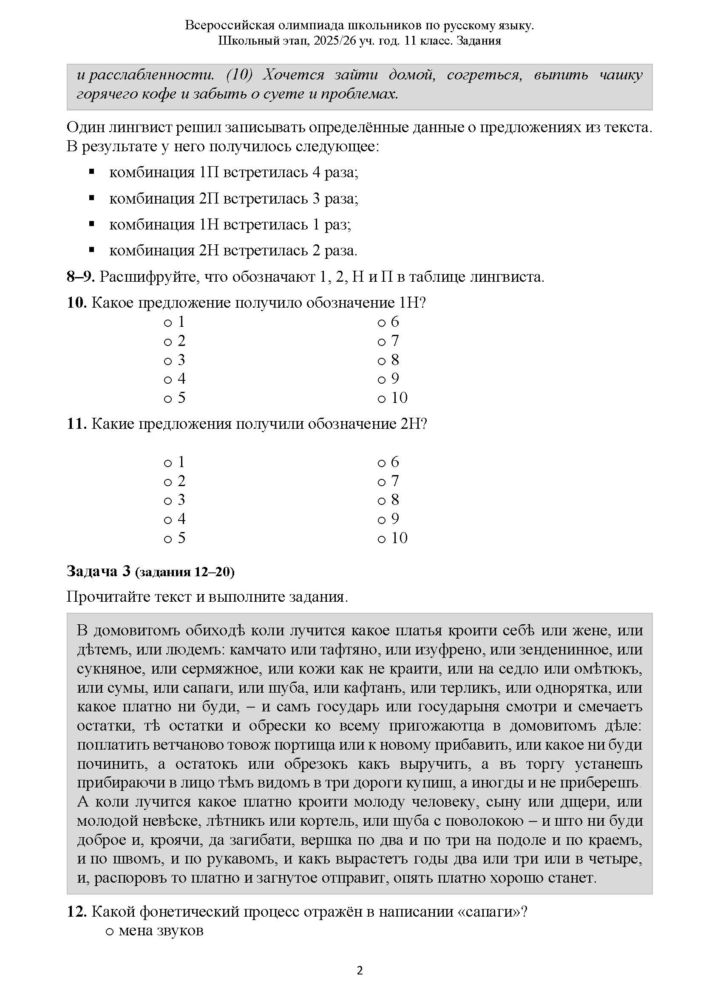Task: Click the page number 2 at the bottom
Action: coord(360,971)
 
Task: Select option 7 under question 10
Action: coord(382,342)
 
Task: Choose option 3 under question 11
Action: coord(168,501)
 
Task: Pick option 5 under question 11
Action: coord(168,539)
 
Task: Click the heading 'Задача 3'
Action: coord(98,572)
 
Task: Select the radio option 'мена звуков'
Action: coord(110,930)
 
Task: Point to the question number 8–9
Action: coord(80,277)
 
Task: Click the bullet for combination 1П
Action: coord(91,172)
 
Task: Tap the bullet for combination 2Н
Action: coord(91,250)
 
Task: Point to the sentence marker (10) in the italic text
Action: coord(239,75)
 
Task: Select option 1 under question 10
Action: coord(168,323)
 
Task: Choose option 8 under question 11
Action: coord(382,501)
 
